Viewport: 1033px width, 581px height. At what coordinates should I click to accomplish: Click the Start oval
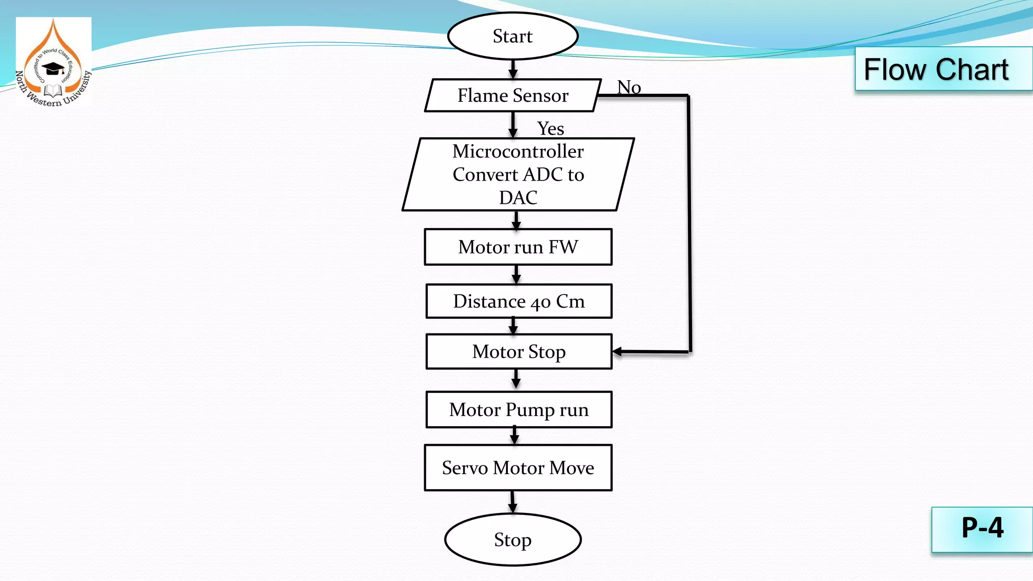(x=512, y=36)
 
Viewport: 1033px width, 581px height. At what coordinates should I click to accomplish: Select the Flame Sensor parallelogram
(x=512, y=95)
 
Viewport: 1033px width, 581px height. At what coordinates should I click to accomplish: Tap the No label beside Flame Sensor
(x=629, y=87)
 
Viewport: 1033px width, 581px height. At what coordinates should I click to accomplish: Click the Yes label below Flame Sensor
(x=550, y=129)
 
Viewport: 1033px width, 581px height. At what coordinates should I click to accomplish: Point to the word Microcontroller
(x=518, y=151)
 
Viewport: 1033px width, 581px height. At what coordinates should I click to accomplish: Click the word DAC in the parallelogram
(x=518, y=198)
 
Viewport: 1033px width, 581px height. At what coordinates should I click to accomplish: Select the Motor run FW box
(x=518, y=247)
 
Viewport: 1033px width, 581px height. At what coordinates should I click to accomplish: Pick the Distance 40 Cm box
(x=519, y=302)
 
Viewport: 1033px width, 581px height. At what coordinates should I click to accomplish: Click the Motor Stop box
(x=519, y=352)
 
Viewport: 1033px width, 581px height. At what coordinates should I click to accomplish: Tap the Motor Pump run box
(x=519, y=410)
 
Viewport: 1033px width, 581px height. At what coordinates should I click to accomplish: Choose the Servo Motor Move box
(x=518, y=468)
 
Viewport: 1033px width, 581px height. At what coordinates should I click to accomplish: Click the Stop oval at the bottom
(x=512, y=540)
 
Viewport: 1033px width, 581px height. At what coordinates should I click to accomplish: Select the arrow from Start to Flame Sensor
(x=513, y=70)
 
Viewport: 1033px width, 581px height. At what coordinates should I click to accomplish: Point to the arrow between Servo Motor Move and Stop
(x=512, y=502)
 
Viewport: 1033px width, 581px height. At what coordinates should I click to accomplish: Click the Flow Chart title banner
(x=936, y=69)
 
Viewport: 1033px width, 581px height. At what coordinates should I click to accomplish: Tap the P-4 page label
(x=982, y=529)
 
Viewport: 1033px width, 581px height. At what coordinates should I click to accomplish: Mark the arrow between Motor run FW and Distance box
(x=516, y=274)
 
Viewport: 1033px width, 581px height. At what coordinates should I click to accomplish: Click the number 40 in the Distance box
(x=540, y=303)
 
